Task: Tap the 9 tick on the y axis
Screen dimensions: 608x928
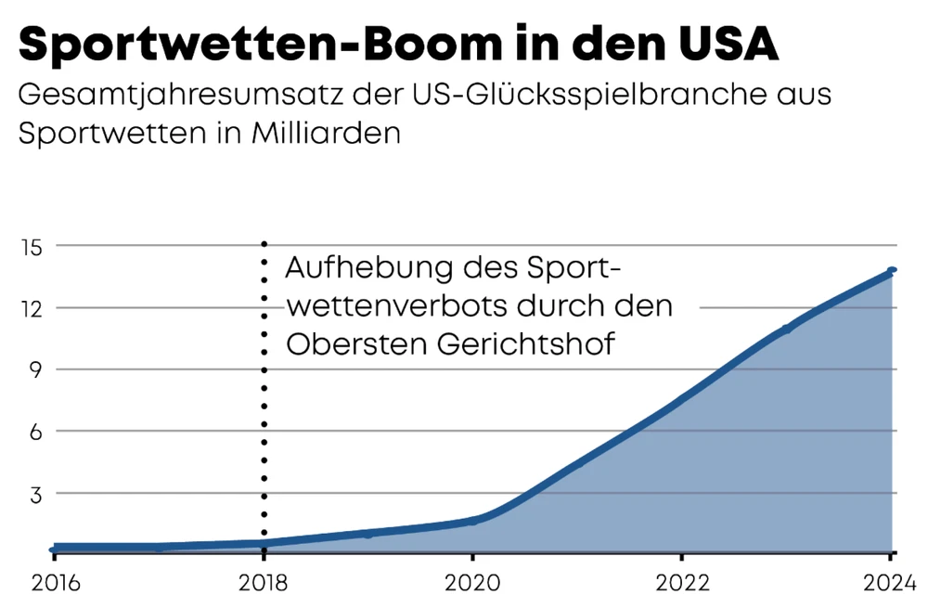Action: pyautogui.click(x=39, y=369)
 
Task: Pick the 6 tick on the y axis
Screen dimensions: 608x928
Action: pyautogui.click(x=39, y=431)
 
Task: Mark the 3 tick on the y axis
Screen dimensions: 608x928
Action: pyautogui.click(x=39, y=493)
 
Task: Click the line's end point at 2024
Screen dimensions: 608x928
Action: pyautogui.click(x=892, y=270)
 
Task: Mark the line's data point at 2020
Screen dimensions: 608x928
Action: pyautogui.click(x=472, y=521)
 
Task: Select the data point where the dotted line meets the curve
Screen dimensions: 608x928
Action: pyautogui.click(x=264, y=543)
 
